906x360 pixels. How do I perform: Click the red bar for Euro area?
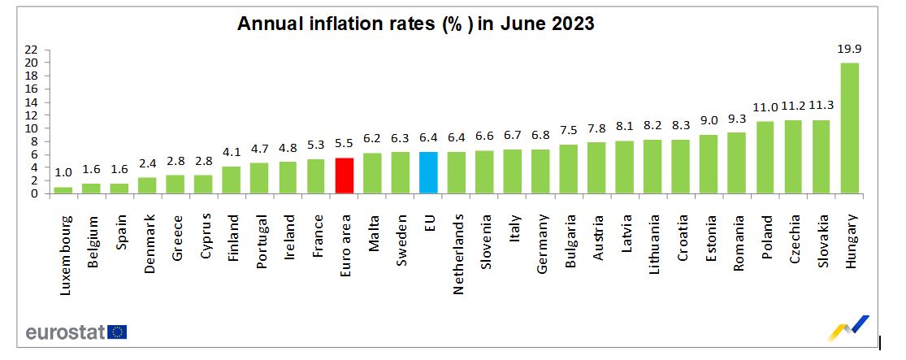(344, 176)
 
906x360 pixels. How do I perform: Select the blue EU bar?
(428, 172)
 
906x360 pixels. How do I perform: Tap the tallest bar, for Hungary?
(849, 128)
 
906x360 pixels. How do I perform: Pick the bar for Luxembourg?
(63, 190)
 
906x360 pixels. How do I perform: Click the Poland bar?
(765, 158)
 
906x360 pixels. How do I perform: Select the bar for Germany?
(540, 171)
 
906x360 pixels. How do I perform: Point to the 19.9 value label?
(849, 50)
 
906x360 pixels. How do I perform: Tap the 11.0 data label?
(765, 108)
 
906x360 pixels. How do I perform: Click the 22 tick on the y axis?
(32, 49)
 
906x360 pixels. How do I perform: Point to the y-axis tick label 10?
(32, 128)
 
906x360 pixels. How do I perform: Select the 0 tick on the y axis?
(35, 194)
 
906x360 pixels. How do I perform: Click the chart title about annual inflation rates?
(415, 24)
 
